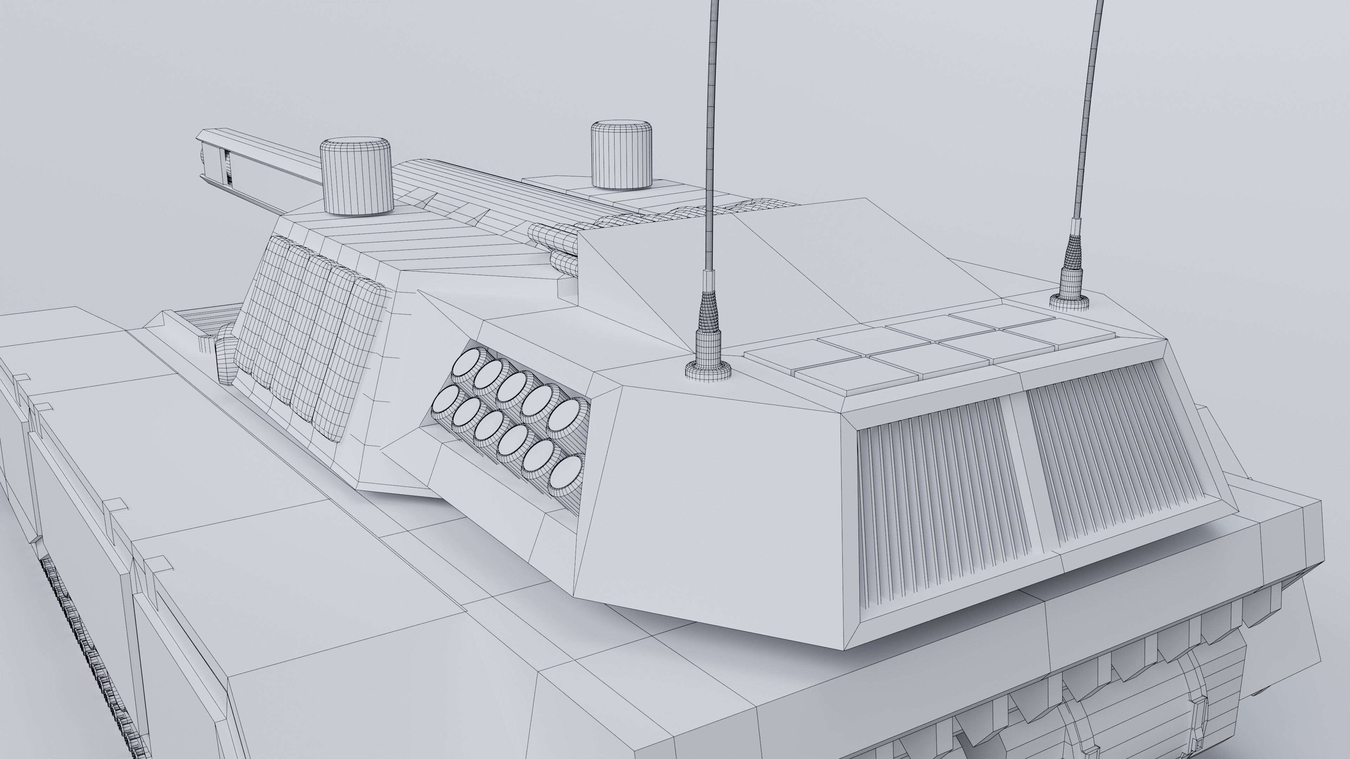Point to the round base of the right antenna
pyautogui.click(x=1069, y=302)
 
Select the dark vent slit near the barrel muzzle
pyautogui.click(x=227, y=168)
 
